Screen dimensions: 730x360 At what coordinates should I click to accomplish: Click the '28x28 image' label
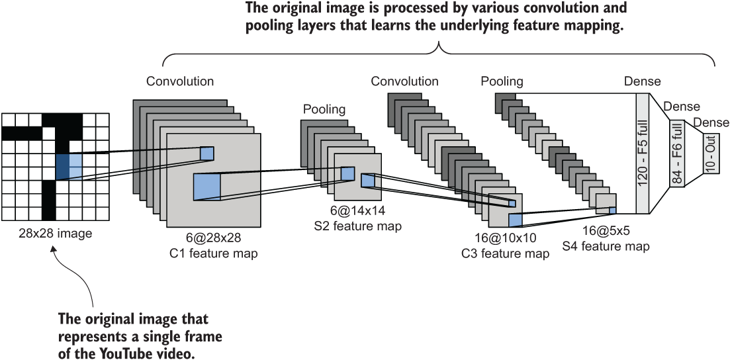point(56,233)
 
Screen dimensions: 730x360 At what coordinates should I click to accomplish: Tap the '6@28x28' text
point(214,238)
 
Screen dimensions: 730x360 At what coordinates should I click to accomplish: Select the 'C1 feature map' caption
point(214,254)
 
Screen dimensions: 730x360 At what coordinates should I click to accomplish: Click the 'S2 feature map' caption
point(357,226)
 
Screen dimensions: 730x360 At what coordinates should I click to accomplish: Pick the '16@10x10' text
point(506,238)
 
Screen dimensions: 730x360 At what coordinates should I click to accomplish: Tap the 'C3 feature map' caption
point(506,254)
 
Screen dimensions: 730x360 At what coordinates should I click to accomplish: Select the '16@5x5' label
point(605,230)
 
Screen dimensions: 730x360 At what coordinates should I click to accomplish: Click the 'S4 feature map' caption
point(605,246)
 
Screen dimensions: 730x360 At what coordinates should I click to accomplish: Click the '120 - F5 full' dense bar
point(643,154)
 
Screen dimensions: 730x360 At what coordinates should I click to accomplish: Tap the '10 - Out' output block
point(710,154)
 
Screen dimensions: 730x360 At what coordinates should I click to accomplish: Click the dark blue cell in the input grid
point(62,167)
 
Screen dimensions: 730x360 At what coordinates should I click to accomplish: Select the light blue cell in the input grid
point(75,167)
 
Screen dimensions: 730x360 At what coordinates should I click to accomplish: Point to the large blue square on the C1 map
point(206,187)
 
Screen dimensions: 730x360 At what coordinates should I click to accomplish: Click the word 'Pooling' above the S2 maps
point(324,109)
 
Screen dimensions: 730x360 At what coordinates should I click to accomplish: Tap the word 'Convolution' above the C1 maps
point(180,81)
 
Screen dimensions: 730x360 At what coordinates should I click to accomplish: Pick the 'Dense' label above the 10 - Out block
point(711,122)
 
